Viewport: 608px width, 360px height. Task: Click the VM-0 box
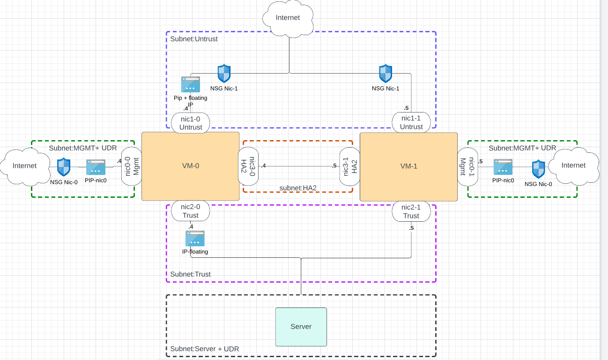click(190, 166)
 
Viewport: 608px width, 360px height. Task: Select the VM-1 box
click(408, 166)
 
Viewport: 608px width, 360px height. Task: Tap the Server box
click(301, 327)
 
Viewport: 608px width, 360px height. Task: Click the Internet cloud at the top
click(288, 18)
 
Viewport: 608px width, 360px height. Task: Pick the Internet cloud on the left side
click(24, 166)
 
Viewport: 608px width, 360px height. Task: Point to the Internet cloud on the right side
click(573, 165)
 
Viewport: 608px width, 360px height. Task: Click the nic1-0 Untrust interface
click(191, 123)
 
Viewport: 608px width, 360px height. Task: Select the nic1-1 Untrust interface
click(411, 122)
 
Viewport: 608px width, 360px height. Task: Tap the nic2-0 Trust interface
click(191, 211)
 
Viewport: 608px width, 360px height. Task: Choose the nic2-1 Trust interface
click(411, 211)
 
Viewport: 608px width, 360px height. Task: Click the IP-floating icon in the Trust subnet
click(195, 239)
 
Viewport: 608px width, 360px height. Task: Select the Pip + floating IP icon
click(190, 84)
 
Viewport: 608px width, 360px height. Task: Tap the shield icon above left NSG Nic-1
click(224, 74)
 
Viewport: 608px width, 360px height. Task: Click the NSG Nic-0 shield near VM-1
click(538, 169)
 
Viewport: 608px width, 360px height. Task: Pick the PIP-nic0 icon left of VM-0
click(96, 167)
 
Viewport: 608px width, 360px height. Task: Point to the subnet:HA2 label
click(298, 188)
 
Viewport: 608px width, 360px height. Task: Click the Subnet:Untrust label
click(194, 39)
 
